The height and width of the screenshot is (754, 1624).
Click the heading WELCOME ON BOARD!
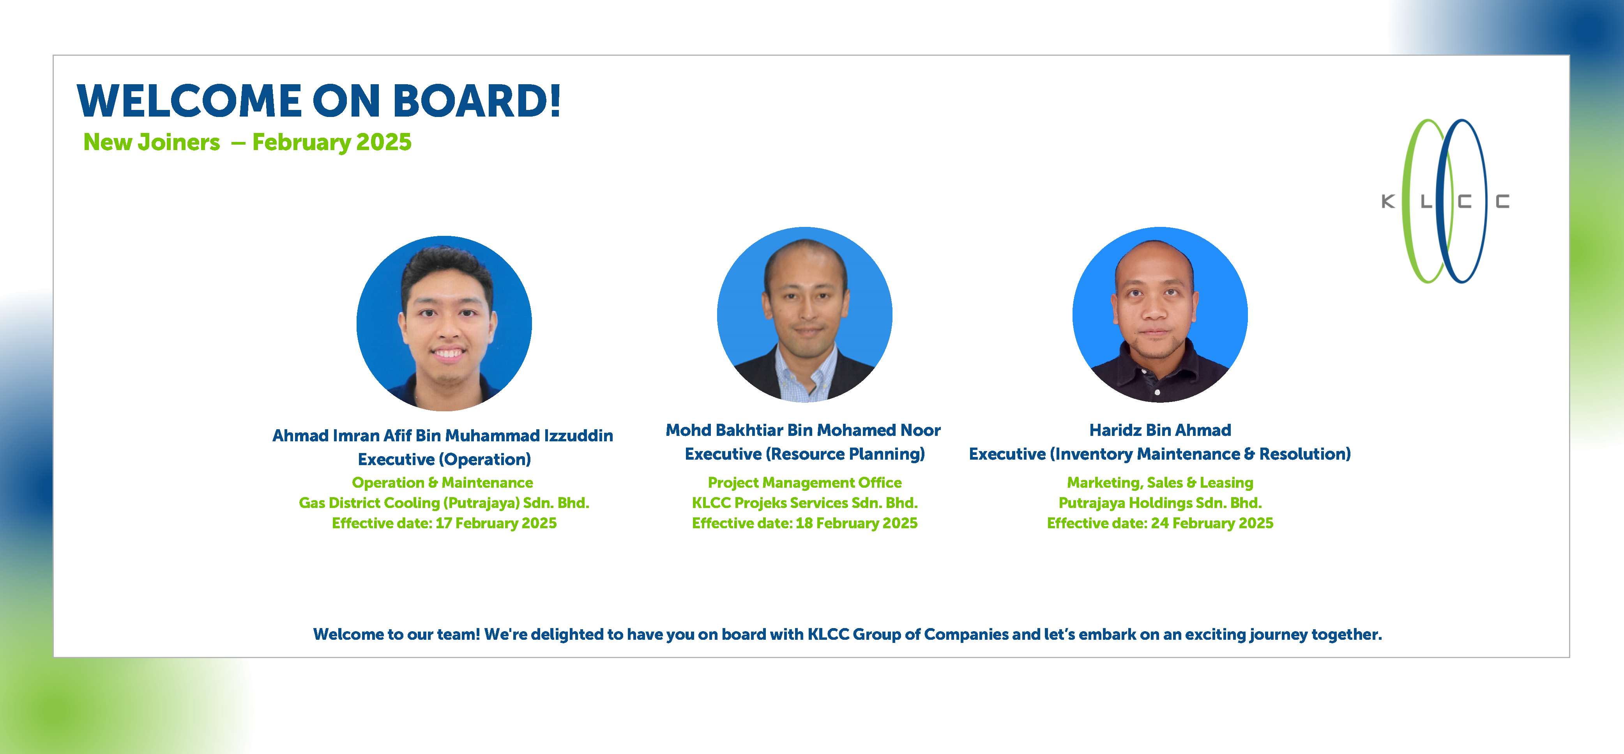click(318, 101)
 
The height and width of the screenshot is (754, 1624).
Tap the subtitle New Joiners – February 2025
click(247, 142)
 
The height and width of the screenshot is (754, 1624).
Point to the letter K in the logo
click(1387, 201)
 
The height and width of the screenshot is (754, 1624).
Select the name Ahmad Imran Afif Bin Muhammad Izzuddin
click(443, 435)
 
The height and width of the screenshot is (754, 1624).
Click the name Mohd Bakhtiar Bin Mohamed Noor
click(803, 430)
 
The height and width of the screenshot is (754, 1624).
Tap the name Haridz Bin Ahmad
click(1160, 430)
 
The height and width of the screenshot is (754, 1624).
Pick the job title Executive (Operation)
click(444, 459)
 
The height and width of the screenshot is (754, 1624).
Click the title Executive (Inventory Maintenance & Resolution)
click(1160, 454)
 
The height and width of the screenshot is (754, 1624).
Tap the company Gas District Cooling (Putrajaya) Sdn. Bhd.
click(444, 503)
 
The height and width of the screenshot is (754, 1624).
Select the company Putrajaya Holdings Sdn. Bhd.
click(1160, 503)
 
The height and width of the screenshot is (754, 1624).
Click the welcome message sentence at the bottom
click(847, 634)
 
